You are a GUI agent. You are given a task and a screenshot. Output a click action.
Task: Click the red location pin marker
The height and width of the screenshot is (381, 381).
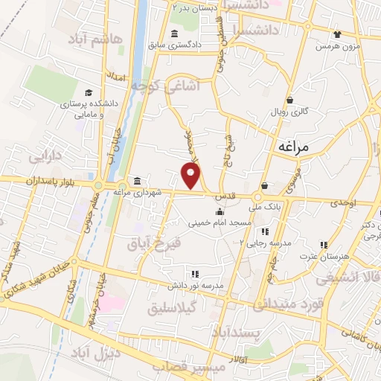tap(192, 176)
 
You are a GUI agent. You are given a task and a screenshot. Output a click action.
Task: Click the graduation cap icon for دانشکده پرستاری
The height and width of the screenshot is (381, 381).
tap(89, 93)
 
